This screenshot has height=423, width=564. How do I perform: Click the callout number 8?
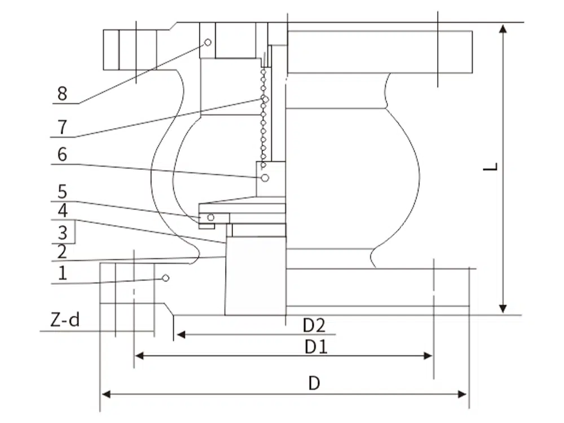pyautogui.click(x=62, y=93)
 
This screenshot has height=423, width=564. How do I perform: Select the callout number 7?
pyautogui.click(x=62, y=127)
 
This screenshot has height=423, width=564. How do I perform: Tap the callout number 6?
pyautogui.click(x=62, y=155)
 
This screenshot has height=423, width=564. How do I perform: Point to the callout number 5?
pyautogui.click(x=63, y=192)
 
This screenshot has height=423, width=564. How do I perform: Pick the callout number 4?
pyautogui.click(x=63, y=211)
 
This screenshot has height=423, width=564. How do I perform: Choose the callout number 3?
pyautogui.click(x=63, y=232)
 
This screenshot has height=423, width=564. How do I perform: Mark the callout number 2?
pyautogui.click(x=62, y=252)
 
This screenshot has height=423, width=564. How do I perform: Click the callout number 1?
pyautogui.click(x=63, y=274)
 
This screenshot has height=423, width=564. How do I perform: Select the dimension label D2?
pyautogui.click(x=314, y=325)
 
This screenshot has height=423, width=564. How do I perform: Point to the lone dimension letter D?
pyautogui.click(x=314, y=384)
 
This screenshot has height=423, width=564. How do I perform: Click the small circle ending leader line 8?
pyautogui.click(x=208, y=42)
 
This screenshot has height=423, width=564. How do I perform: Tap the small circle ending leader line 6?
pyautogui.click(x=265, y=178)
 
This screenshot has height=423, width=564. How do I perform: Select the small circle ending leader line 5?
pyautogui.click(x=211, y=218)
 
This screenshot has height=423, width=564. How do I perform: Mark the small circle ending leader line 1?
pyautogui.click(x=166, y=278)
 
